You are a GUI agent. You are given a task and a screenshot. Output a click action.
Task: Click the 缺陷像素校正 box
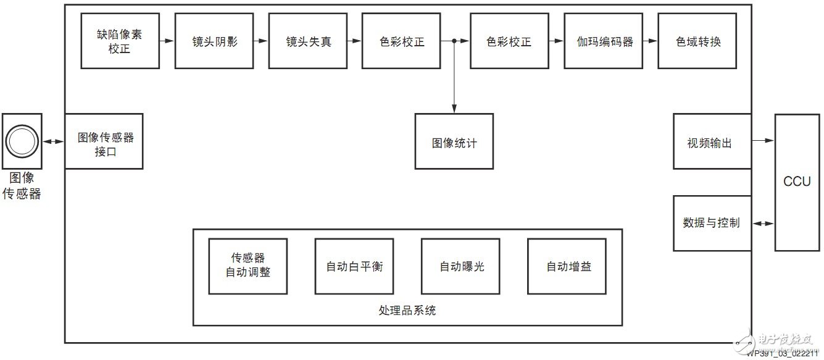pyautogui.click(x=120, y=42)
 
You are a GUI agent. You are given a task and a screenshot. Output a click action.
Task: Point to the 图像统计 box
pyautogui.click(x=454, y=141)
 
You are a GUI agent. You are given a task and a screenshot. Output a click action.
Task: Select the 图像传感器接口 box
pyautogui.click(x=104, y=141)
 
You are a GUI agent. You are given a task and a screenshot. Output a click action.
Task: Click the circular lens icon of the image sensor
pyautogui.click(x=22, y=141)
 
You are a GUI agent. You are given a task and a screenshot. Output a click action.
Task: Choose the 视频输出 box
pyautogui.click(x=712, y=141)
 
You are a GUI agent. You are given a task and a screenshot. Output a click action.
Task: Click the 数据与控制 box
pyautogui.click(x=712, y=223)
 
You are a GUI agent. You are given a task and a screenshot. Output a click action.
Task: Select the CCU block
pyautogui.click(x=797, y=182)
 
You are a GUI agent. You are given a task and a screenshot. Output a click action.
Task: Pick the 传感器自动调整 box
pyautogui.click(x=248, y=266)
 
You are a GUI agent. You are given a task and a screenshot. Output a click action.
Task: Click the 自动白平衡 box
pyautogui.click(x=354, y=266)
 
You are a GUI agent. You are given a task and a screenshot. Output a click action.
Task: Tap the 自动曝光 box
pyautogui.click(x=460, y=266)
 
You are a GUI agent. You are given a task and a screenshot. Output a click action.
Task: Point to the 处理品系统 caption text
pyautogui.click(x=407, y=310)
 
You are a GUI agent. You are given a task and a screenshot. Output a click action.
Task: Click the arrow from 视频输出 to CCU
pyautogui.click(x=764, y=141)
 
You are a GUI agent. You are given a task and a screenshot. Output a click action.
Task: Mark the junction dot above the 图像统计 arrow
pyautogui.click(x=454, y=41)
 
